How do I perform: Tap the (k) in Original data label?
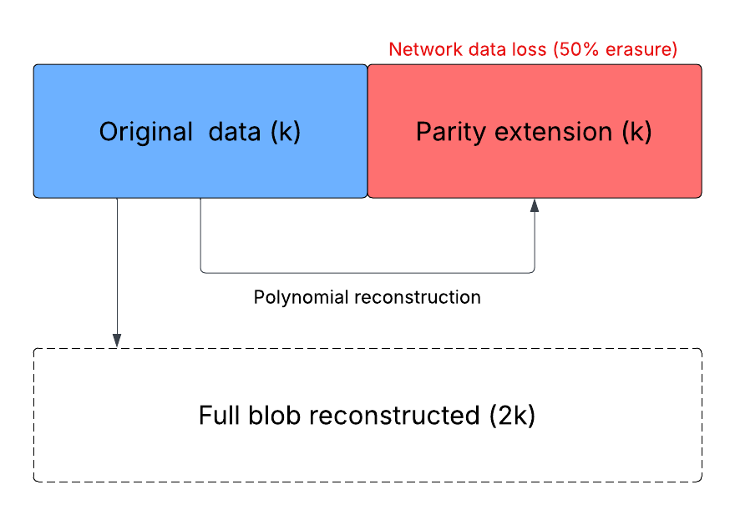point(286,132)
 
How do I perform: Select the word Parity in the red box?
point(444,132)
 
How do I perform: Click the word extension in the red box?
point(548,132)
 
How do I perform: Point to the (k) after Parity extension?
point(636,132)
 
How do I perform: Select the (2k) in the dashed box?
point(512,416)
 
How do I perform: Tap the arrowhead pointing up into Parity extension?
point(535,205)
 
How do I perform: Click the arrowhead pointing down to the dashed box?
point(117,341)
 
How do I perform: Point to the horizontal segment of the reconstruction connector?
point(367,272)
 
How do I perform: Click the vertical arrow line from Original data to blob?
point(117,267)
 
